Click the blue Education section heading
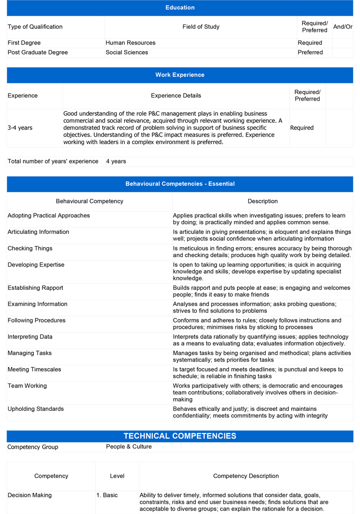tap(180, 8)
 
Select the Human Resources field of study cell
tap(131, 43)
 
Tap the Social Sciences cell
tap(127, 53)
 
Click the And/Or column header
tap(343, 27)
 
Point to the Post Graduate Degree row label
tap(37, 53)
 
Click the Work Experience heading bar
tap(180, 75)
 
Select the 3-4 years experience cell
tap(20, 128)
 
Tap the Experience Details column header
tap(176, 96)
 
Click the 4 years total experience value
tap(116, 161)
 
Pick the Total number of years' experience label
tap(53, 161)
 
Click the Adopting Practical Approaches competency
tap(49, 216)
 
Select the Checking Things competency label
tap(30, 248)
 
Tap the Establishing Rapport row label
tap(35, 288)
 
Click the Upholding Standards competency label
tap(35, 409)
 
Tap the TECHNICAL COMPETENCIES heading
tap(180, 436)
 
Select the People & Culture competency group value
tap(129, 447)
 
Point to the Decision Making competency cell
tap(29, 495)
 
